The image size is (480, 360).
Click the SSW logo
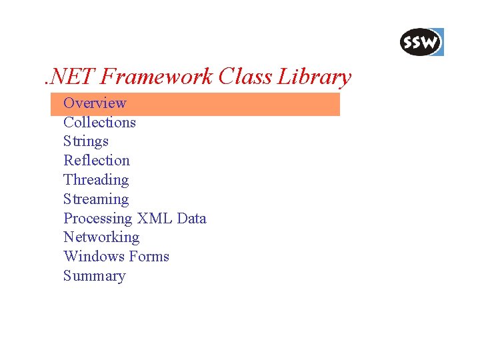(420, 43)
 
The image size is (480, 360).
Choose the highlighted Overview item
(94, 103)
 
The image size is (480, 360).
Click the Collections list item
(99, 123)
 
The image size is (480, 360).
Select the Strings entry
(85, 141)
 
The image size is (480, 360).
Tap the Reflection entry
(97, 161)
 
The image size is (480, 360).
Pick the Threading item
(96, 180)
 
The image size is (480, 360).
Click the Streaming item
(96, 199)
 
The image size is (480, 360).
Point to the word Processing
(98, 219)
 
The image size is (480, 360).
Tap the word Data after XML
(192, 219)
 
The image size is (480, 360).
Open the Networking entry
(101, 237)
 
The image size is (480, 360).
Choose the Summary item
(94, 276)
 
